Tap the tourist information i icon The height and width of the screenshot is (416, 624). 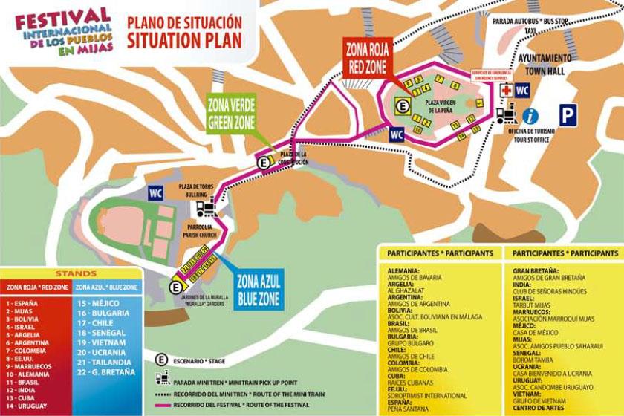(x=530, y=115)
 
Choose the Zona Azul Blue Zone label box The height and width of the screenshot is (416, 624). (x=258, y=289)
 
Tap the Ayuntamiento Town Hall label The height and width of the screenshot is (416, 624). (x=545, y=64)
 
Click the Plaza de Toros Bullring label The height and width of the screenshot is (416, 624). (x=197, y=190)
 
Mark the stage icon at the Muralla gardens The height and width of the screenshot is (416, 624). (x=176, y=286)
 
